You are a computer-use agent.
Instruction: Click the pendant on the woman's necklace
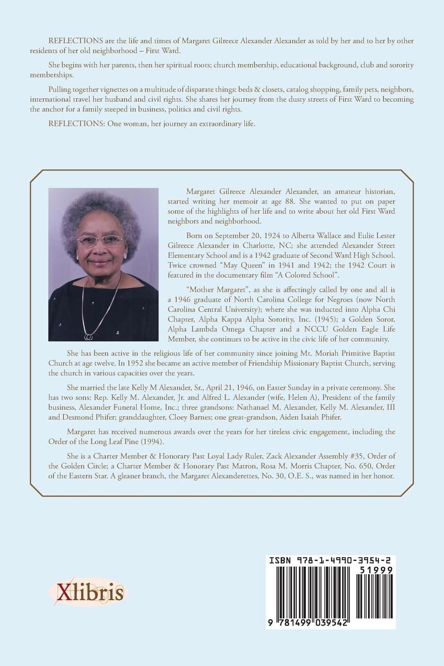(89, 337)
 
